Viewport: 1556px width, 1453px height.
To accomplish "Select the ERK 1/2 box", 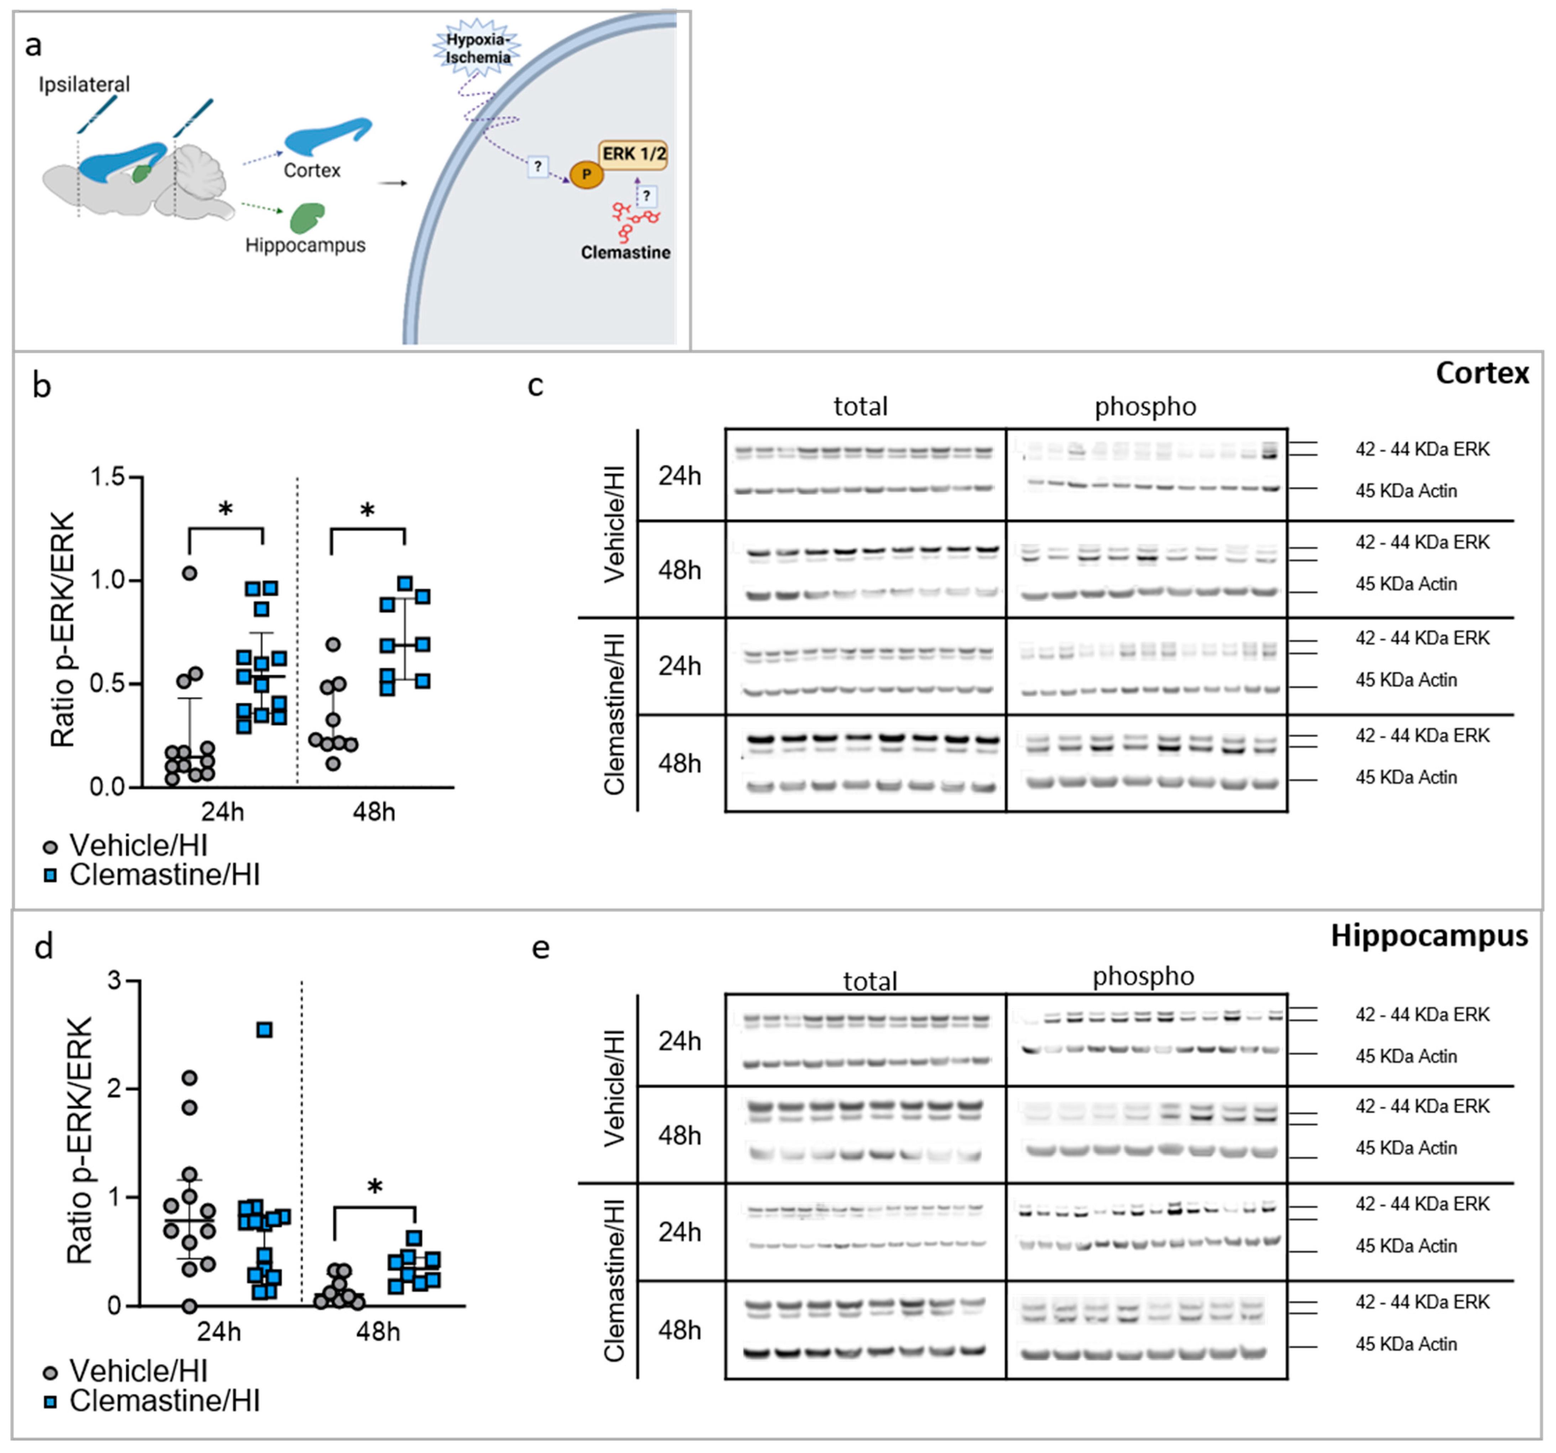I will pos(633,154).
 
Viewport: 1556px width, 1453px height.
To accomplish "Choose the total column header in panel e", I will pos(870,981).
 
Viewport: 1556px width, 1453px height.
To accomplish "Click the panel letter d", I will pos(44,947).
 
